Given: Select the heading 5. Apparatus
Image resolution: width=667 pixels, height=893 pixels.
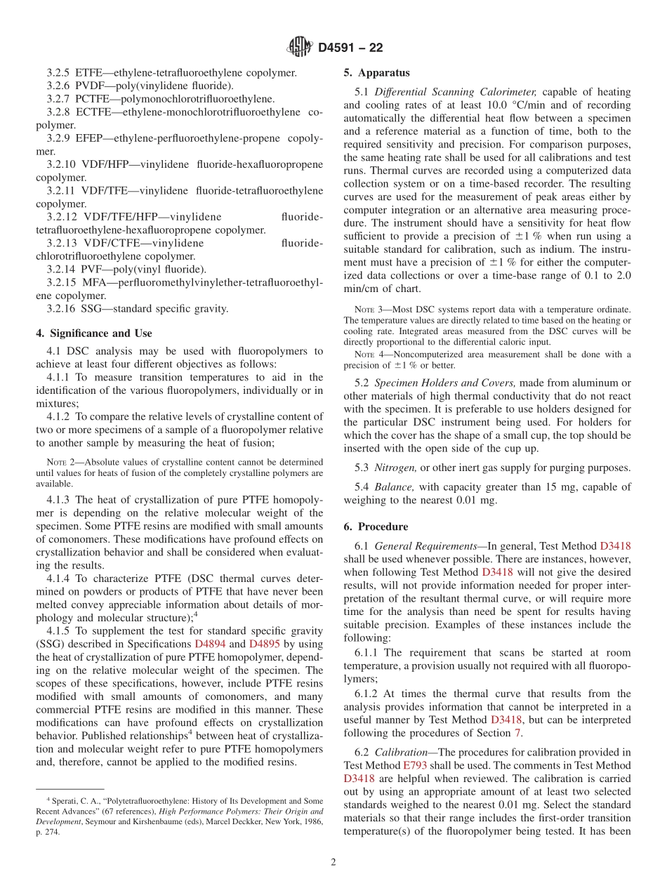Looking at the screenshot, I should [x=376, y=73].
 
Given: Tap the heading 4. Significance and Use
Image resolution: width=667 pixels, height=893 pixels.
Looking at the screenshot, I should [x=93, y=333].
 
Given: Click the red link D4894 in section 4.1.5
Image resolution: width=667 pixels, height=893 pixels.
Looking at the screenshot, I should [x=210, y=644].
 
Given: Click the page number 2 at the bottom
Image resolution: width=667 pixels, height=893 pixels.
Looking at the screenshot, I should [x=333, y=863].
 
